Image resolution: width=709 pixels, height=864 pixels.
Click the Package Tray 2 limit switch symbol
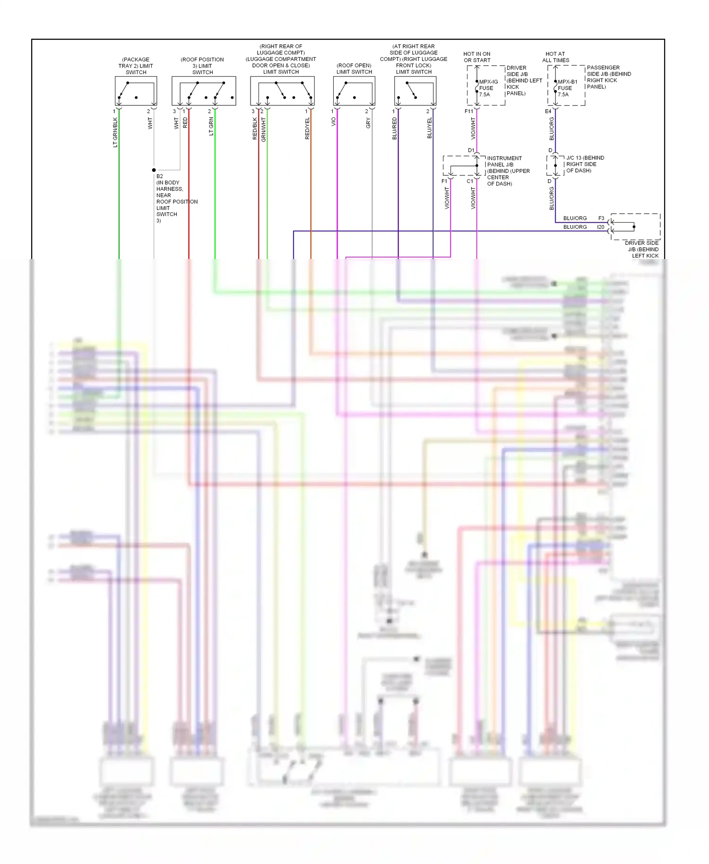point(136,91)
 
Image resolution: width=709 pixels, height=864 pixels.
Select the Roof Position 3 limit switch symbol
point(204,91)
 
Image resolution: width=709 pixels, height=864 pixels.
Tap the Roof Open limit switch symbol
point(354,91)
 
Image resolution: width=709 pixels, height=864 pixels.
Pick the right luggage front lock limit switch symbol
point(415,91)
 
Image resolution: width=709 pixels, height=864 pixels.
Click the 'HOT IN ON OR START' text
point(477,57)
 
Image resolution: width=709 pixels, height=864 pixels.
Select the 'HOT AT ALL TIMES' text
point(555,57)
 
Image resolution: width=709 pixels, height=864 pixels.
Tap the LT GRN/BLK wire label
point(115,132)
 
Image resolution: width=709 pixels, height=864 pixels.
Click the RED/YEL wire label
point(307,129)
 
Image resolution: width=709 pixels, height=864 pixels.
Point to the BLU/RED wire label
point(395,129)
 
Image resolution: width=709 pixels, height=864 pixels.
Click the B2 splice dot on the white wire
point(154,170)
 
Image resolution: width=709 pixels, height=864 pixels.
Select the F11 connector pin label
point(468,112)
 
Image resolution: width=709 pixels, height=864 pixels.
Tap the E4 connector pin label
point(548,112)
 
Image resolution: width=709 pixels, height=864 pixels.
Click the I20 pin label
point(600,227)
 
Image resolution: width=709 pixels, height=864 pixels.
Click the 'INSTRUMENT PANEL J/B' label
point(504,162)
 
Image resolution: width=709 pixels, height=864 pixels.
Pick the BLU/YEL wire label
point(430,128)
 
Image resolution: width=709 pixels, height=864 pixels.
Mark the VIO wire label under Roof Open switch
point(333,122)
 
